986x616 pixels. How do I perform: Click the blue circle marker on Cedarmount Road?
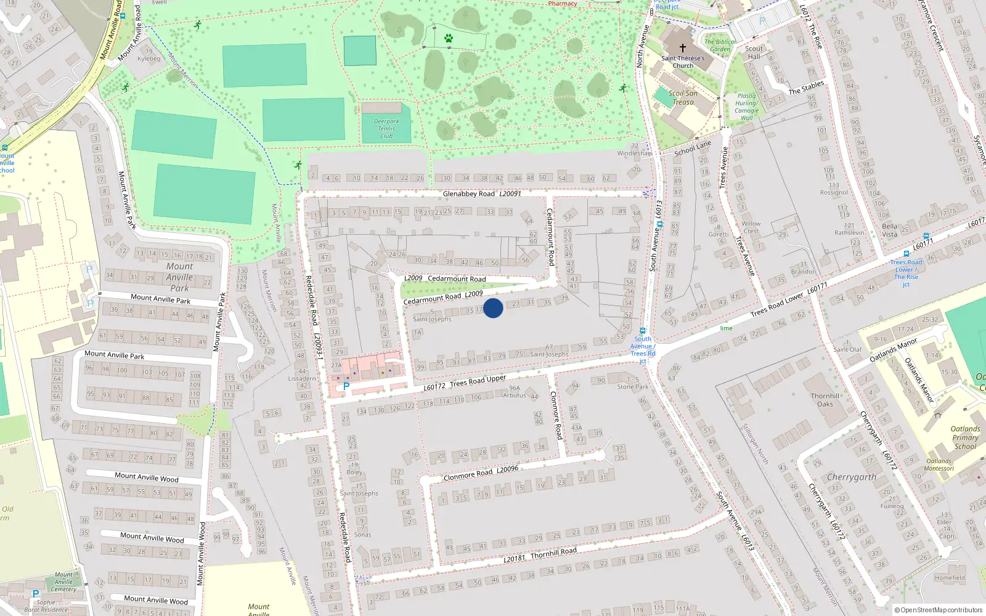[493, 308]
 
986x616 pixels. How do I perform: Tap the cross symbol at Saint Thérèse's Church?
[683, 48]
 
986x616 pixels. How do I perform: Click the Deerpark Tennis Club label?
[386, 129]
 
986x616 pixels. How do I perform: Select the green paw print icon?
[449, 38]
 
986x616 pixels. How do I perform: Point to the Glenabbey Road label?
[468, 194]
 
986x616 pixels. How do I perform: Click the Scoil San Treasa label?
[683, 98]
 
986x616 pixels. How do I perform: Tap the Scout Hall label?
[754, 52]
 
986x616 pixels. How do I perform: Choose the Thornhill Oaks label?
[825, 400]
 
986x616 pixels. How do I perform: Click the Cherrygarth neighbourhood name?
[851, 477]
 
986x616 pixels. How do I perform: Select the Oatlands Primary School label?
[965, 437]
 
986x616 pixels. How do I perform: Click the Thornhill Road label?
[553, 552]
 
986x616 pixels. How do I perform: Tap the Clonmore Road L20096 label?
[481, 472]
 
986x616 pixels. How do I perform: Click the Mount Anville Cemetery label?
[63, 582]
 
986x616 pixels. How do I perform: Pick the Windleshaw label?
[634, 153]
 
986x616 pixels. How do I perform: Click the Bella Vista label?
[889, 230]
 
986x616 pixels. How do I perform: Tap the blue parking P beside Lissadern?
[346, 387]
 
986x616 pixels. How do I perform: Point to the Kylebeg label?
[149, 59]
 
